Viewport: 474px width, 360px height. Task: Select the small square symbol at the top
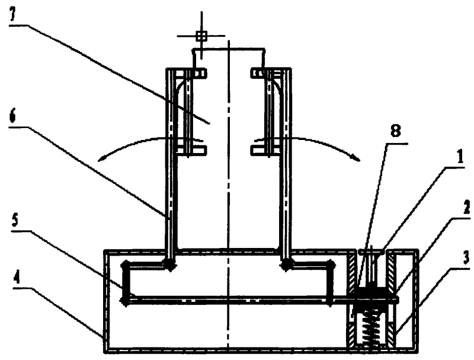coord(201,36)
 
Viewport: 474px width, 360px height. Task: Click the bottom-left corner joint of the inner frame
coord(124,300)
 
